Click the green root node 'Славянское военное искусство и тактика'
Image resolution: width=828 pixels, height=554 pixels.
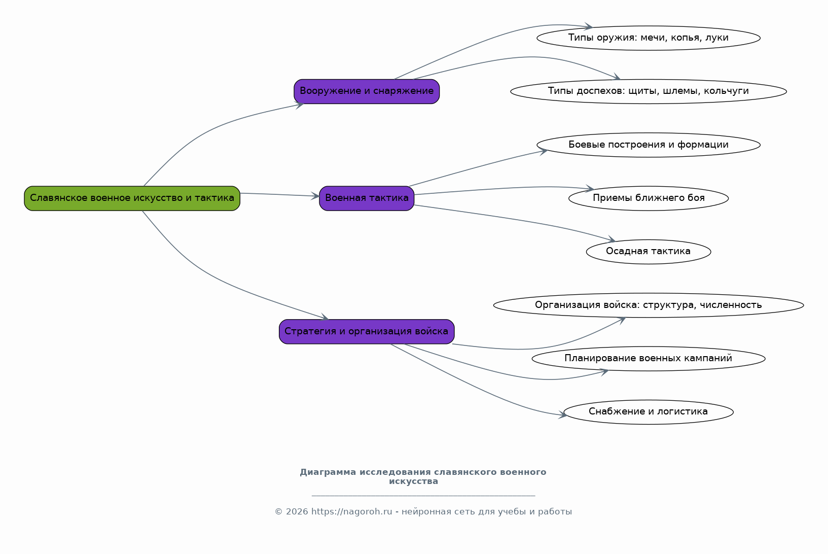pos(132,198)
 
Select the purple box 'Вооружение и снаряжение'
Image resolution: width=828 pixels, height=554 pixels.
pos(367,91)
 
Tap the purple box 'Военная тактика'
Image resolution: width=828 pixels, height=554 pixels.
pos(367,198)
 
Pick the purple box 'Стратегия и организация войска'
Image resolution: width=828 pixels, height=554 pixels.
pos(367,332)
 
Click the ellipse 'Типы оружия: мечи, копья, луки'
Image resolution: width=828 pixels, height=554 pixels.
pos(649,38)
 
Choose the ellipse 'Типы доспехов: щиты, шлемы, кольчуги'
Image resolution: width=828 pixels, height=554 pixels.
pos(649,91)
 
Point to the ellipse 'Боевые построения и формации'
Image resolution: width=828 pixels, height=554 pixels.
pos(649,145)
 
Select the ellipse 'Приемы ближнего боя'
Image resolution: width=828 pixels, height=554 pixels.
pos(649,198)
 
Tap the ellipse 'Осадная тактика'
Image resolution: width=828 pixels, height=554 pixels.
pos(649,252)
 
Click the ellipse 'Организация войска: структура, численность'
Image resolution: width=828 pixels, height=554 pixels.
pos(649,305)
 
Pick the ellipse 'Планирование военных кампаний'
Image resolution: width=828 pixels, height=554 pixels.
pos(649,358)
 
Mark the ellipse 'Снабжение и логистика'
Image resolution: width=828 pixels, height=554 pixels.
pos(649,412)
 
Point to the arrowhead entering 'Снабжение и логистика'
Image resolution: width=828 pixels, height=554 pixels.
pos(563,414)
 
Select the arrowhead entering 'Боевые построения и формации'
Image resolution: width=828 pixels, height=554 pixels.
pos(544,151)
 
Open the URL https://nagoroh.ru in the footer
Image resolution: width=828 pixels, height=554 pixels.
pos(351,512)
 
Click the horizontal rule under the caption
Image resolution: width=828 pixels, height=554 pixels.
pos(423,495)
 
